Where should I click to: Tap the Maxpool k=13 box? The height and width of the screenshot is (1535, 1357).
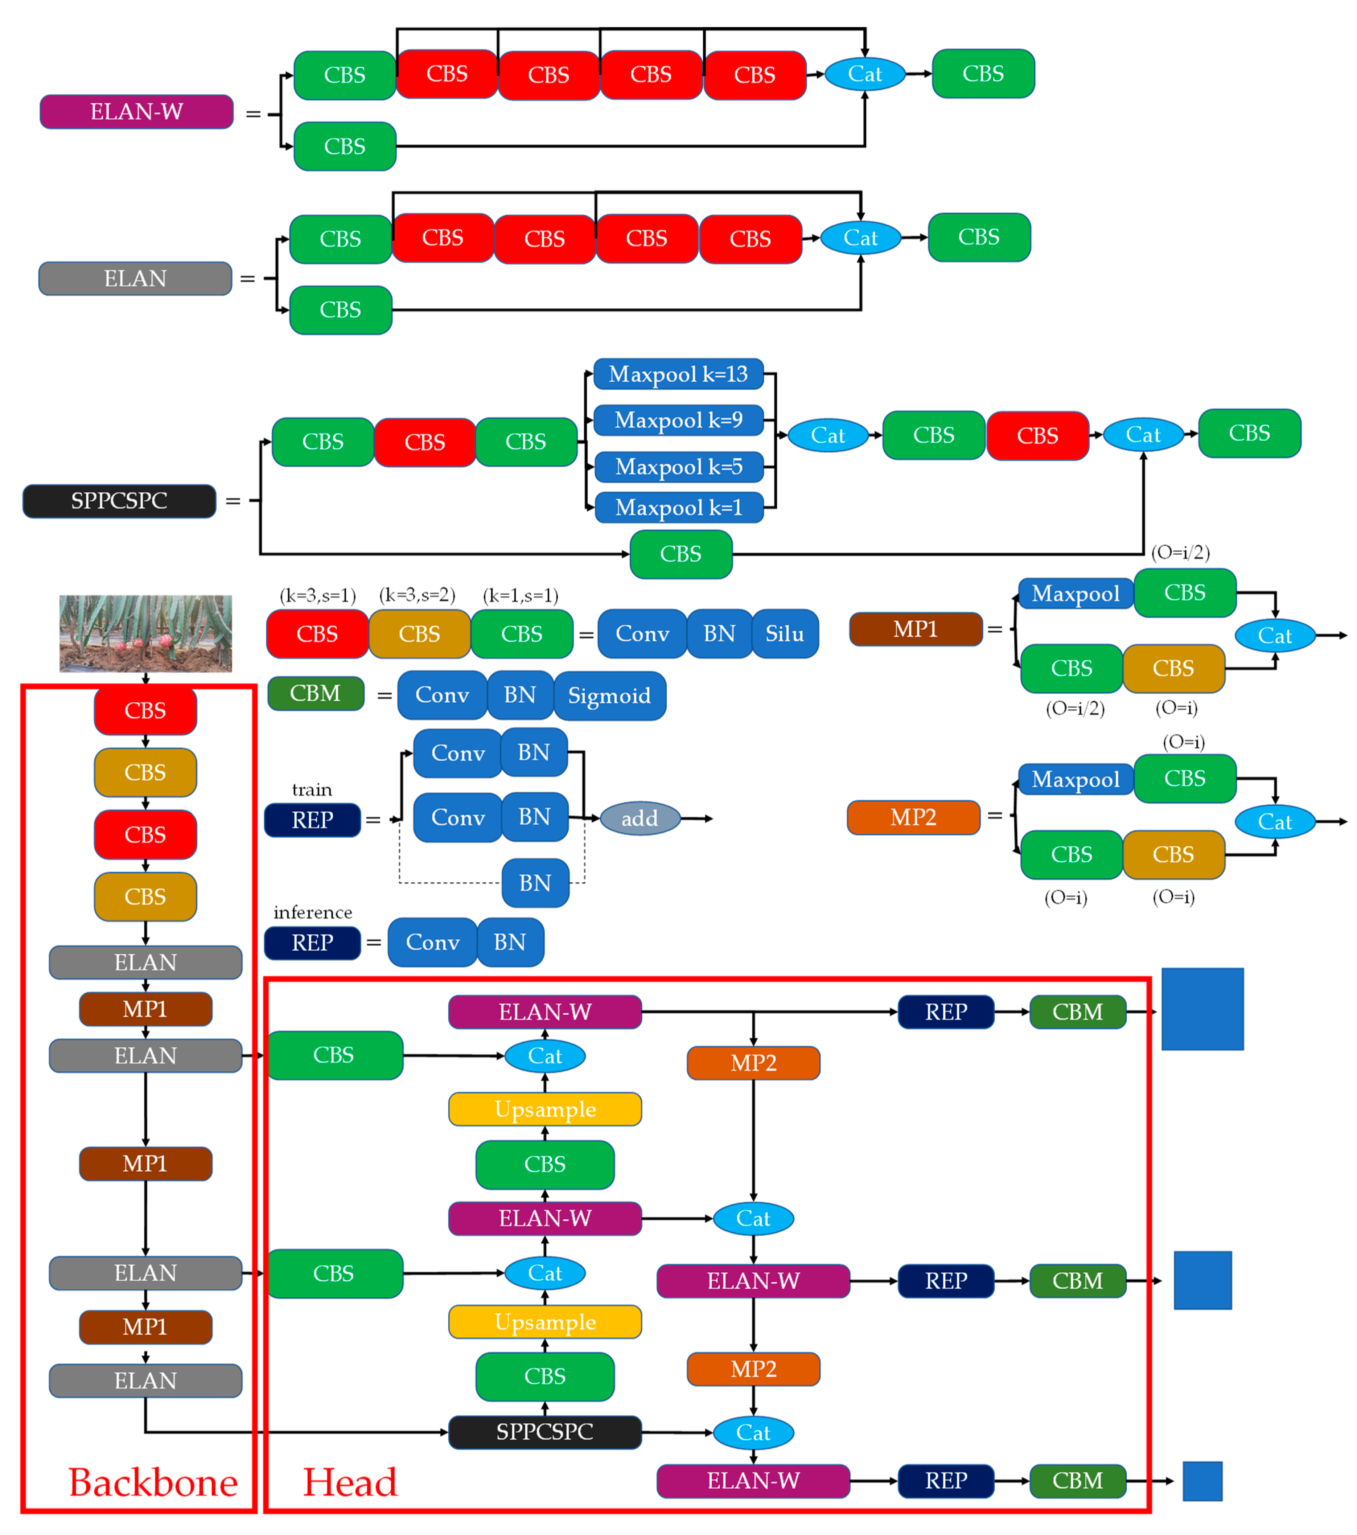click(x=678, y=374)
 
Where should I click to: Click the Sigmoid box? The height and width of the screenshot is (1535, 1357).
click(x=609, y=695)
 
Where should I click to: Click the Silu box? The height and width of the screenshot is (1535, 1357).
click(x=785, y=634)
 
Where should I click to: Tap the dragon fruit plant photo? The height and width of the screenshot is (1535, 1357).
click(x=146, y=633)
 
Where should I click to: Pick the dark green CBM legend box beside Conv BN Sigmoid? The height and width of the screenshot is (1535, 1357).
click(x=316, y=693)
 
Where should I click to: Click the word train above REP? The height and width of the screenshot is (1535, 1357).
click(x=312, y=789)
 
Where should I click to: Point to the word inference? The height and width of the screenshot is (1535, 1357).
click(x=312, y=912)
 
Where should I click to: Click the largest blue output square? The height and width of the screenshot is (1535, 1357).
click(x=1202, y=1009)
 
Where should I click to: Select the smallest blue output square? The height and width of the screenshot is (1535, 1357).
click(x=1202, y=1481)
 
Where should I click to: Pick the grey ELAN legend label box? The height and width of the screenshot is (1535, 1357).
click(x=135, y=279)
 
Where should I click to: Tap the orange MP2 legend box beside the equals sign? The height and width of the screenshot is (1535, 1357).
click(x=913, y=817)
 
